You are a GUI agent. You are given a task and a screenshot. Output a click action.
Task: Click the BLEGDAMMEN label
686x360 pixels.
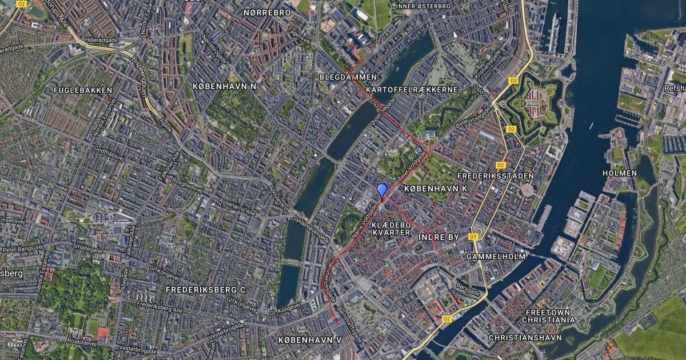point(348,77)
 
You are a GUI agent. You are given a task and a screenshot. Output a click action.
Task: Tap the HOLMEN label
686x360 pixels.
point(619,173)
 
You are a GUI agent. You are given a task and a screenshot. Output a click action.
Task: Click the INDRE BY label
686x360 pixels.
point(439,236)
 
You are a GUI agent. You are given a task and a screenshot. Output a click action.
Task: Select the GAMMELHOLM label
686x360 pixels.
point(496,257)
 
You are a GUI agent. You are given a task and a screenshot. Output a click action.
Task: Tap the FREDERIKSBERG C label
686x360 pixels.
point(205,290)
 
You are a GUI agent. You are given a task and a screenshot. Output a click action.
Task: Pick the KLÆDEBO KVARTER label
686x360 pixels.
point(391,229)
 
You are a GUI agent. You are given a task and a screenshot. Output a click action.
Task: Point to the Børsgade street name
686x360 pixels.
point(467,288)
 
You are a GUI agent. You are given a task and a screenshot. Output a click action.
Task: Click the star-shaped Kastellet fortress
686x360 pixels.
point(532,103)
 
